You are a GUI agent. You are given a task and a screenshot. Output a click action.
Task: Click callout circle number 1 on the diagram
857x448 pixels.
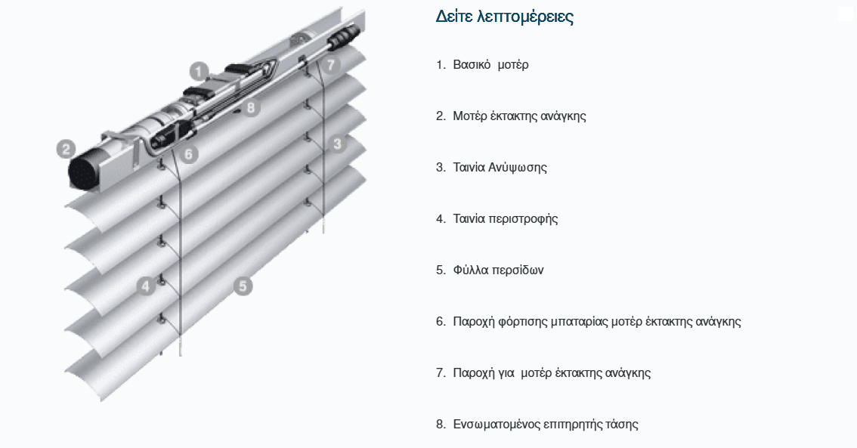point(200,72)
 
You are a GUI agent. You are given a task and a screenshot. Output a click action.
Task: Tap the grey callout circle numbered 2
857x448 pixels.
point(67,149)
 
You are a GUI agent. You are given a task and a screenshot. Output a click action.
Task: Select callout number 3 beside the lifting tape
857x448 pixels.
point(337,144)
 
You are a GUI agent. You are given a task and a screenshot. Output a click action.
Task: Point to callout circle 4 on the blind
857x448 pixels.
point(146,286)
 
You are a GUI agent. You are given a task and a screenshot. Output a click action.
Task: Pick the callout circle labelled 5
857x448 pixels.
point(243,286)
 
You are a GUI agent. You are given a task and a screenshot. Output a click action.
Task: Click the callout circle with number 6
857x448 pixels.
point(189,154)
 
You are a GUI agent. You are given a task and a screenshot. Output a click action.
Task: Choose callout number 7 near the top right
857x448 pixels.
point(331,65)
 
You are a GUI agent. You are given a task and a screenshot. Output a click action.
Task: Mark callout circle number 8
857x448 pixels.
point(250,107)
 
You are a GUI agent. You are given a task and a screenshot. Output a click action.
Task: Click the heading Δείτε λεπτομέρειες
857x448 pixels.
point(505,17)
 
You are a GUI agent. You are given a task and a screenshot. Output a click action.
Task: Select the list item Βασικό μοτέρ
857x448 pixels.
point(490,65)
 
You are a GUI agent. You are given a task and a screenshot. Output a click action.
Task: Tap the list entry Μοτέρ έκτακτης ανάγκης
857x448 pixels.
point(519,116)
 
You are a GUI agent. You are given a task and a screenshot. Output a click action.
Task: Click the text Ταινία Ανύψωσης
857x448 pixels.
point(500,167)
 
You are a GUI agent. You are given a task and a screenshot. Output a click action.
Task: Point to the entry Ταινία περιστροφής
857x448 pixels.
point(506,219)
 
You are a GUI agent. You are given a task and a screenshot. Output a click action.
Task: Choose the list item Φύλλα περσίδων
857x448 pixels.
point(499,270)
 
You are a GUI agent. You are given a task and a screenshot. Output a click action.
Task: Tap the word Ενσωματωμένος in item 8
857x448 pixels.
point(497,425)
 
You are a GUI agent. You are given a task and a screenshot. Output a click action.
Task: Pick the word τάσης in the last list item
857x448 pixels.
point(621,425)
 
